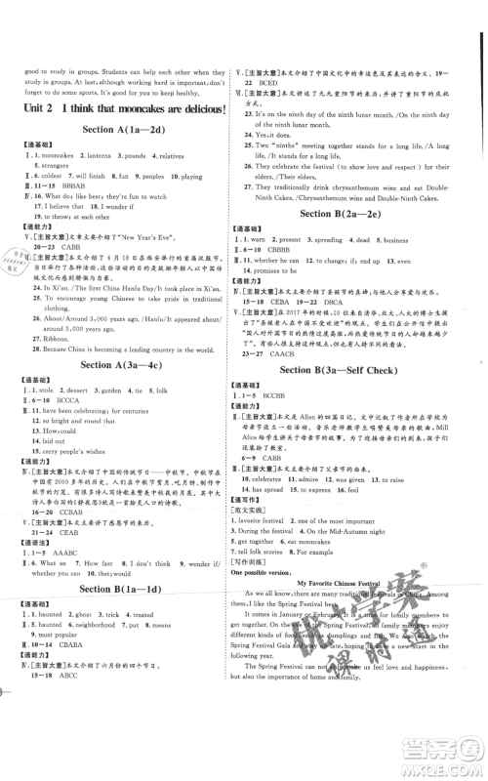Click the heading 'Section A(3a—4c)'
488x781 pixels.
click(x=122, y=366)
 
